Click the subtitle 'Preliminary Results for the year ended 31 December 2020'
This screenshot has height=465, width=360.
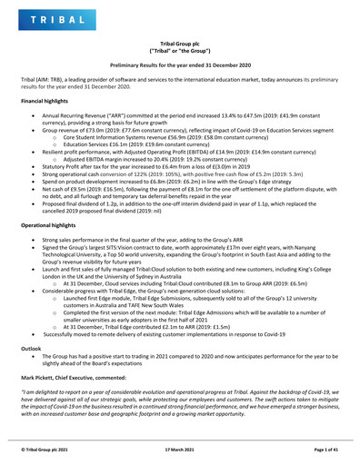point(179,67)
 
